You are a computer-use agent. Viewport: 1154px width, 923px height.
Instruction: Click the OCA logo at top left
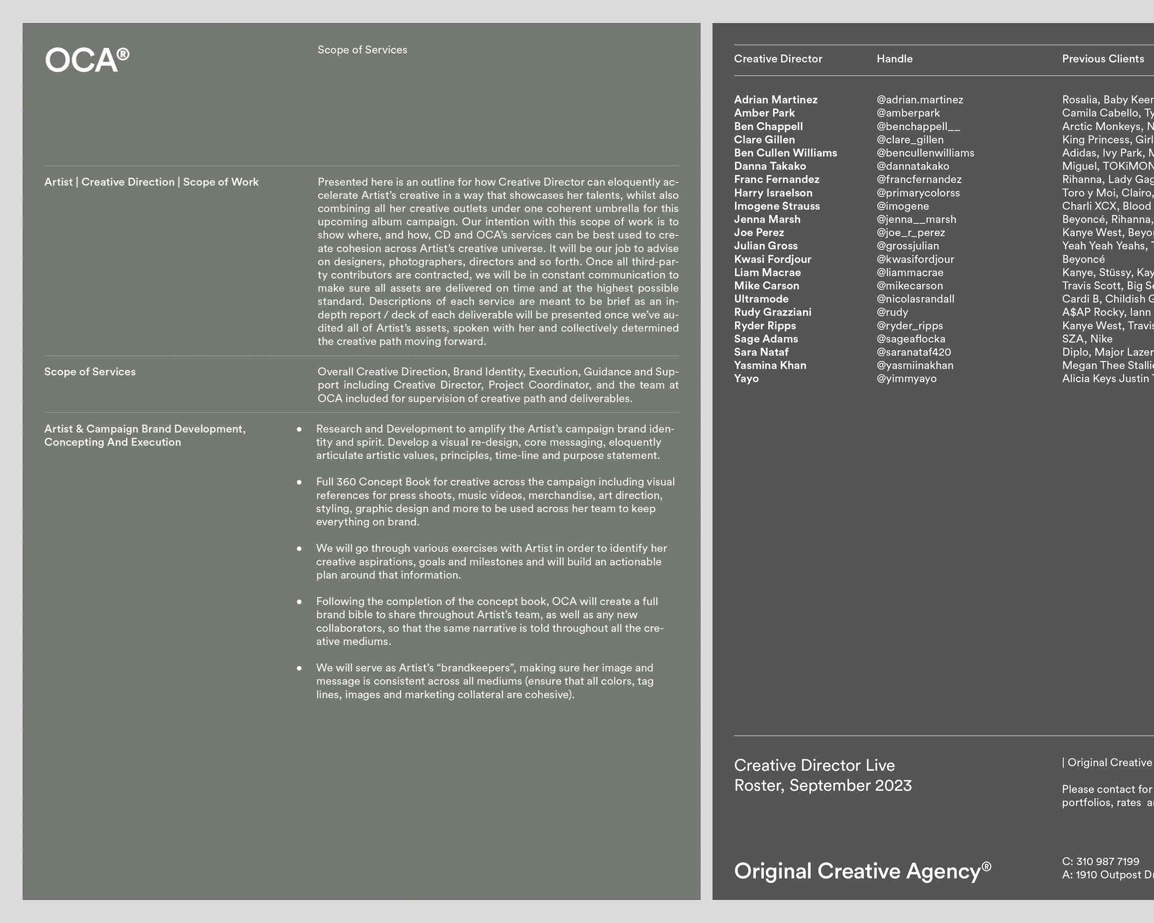tap(87, 59)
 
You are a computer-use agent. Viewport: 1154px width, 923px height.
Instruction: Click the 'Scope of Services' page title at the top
tap(362, 50)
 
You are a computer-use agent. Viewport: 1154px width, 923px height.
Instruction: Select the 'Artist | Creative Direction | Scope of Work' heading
tap(151, 182)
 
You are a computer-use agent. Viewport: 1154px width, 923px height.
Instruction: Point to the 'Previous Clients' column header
tap(1103, 59)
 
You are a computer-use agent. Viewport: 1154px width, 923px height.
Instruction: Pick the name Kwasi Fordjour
tap(772, 259)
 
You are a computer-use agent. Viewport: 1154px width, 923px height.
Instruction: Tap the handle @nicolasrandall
tap(915, 299)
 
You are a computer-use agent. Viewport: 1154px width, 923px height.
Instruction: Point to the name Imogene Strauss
tap(776, 206)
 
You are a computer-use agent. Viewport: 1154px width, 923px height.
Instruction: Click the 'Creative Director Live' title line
tap(814, 765)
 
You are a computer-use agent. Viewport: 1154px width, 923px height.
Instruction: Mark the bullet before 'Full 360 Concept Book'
tap(299, 482)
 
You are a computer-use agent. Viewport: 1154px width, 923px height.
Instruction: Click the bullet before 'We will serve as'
tap(299, 668)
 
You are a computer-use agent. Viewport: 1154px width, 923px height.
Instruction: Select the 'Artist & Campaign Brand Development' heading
tap(144, 429)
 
